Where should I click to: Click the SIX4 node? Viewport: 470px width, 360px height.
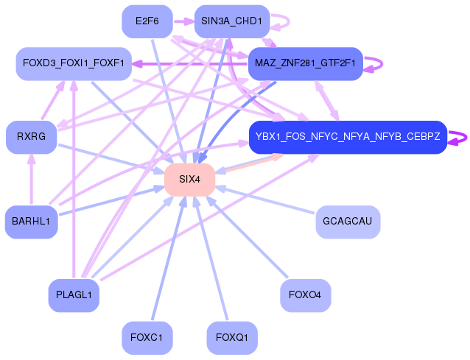coord(190,180)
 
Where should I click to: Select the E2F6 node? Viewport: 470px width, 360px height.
coord(147,21)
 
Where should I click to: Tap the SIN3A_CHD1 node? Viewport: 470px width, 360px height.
coord(232,21)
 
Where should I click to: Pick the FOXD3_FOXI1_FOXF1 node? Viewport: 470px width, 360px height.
coord(74,63)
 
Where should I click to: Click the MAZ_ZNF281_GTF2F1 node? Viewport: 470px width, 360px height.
coord(306,63)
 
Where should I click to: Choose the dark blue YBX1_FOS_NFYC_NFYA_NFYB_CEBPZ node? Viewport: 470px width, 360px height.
coord(348,137)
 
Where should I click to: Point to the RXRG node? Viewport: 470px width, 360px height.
coord(31,137)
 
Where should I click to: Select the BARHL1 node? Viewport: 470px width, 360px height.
coord(31,222)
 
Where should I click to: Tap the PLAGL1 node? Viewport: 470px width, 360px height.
coord(74,295)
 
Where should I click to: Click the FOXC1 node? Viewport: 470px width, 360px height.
coord(147,338)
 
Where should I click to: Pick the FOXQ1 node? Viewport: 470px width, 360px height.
coord(232,338)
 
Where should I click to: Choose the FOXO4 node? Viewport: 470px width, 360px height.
coord(306,295)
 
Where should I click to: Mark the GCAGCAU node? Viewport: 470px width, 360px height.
coord(348,222)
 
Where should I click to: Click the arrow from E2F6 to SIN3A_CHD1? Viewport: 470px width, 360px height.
coord(183,21)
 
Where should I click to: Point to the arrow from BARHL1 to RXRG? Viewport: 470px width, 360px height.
coord(31,179)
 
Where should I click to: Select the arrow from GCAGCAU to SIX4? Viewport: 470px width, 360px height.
coord(265,200)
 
